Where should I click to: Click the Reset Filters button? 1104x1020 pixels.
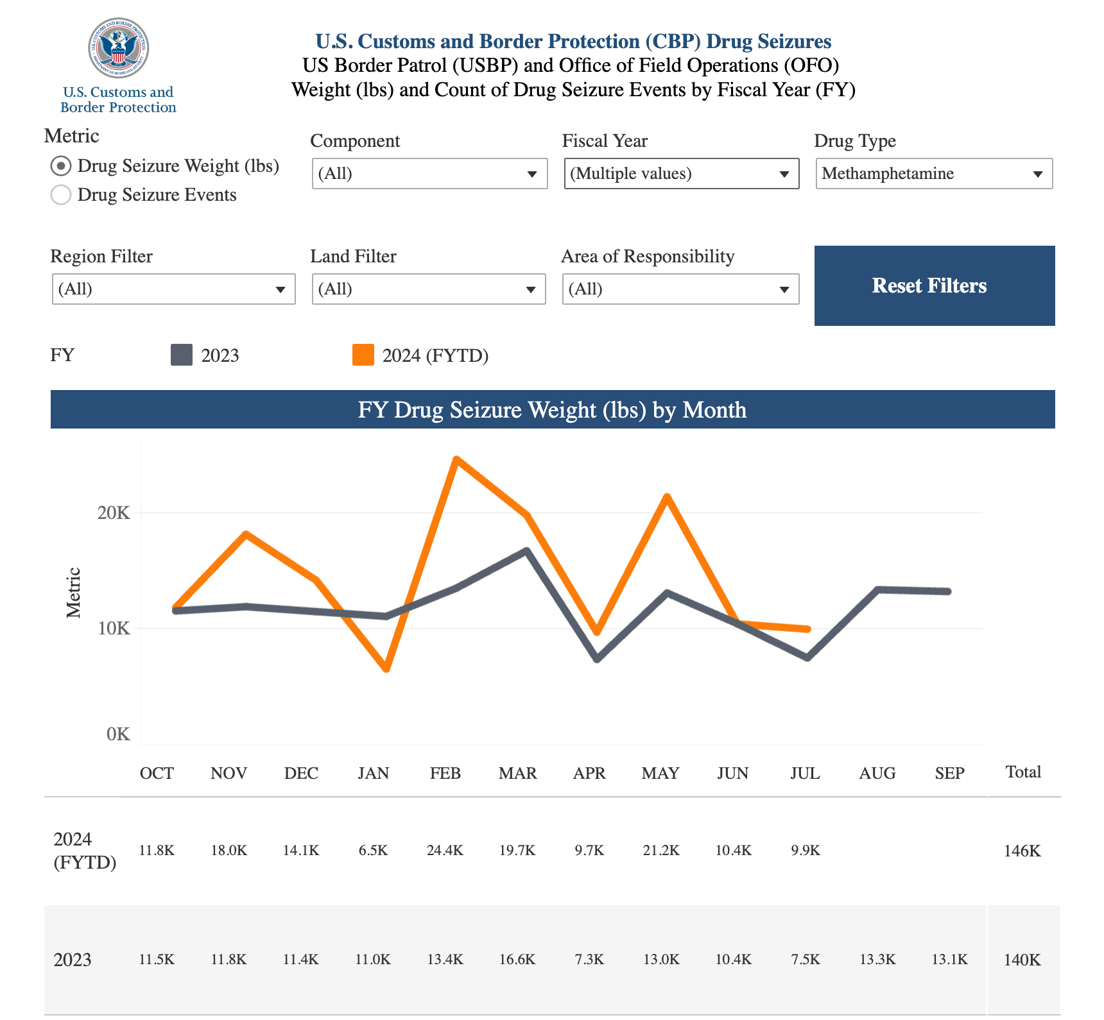pos(934,285)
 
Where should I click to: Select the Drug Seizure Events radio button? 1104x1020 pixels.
pos(61,195)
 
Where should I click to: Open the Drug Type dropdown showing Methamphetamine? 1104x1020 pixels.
pos(934,174)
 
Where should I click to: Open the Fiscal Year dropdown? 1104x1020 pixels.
pos(681,174)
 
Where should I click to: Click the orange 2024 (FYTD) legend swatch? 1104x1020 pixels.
pos(363,355)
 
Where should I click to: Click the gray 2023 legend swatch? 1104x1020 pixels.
pos(182,355)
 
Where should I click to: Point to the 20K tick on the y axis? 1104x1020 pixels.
pos(114,513)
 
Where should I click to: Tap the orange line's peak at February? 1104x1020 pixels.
pos(456,459)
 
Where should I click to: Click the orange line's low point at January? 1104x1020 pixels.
pos(386,668)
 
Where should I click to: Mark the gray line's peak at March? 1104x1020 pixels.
pos(526,550)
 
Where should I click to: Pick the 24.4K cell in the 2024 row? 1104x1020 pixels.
pos(445,851)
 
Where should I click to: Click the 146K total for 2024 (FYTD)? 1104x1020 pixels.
pos(1022,851)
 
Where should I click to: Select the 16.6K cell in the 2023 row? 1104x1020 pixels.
pos(517,960)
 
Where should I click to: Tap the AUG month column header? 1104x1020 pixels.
pos(877,773)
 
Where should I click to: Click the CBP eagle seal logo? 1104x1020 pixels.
pos(119,49)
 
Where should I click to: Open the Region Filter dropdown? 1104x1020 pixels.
pos(173,289)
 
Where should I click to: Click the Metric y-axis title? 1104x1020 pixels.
pos(74,593)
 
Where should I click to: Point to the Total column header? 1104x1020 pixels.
pos(1023,772)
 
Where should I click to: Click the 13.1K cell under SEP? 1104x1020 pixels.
pos(949,960)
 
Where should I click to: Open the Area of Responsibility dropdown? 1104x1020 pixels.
pos(680,289)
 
